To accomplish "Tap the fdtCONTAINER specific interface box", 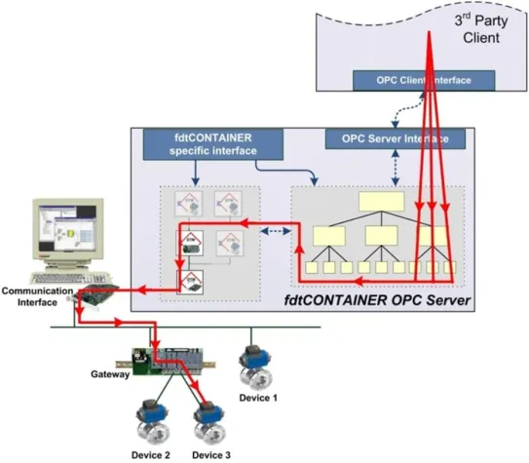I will (199, 145).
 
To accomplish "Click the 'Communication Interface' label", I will (36, 295).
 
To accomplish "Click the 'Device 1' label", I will (259, 398).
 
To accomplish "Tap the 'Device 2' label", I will (153, 454).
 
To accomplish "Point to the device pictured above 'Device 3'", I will (210, 421).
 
